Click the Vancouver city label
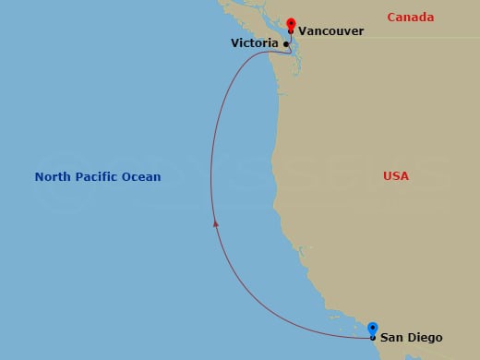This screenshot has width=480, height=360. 330,31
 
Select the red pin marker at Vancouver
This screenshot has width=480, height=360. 291,23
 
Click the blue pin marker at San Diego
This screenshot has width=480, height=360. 373,329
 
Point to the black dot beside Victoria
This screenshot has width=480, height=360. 286,43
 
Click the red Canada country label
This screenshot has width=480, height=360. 411,18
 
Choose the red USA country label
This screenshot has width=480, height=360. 396,175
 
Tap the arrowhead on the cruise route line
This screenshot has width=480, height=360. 215,222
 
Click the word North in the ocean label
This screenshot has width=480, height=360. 54,176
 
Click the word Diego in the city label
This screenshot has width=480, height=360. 423,338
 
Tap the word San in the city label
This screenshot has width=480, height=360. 392,338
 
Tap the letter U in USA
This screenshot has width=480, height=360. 388,175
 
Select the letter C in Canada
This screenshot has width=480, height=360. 391,18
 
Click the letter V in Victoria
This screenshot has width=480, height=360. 234,43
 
